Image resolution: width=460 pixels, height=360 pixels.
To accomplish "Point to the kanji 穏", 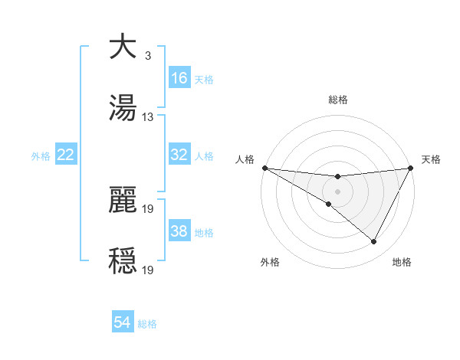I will pos(123,260).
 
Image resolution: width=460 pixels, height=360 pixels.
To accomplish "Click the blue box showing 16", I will pos(179,78).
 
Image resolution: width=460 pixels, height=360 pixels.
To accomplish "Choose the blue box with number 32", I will pos(179,155).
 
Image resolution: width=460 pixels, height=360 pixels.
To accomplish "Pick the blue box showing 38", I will pos(179,231).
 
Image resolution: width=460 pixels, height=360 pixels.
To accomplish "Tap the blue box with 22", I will pos(66,155).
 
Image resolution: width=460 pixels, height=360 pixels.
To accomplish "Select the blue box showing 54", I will pos(123,322).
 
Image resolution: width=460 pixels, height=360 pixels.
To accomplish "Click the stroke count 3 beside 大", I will pos(147,56).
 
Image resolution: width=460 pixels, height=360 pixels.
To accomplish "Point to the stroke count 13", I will pos(148,116).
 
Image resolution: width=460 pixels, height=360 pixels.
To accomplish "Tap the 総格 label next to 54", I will pos(147,324).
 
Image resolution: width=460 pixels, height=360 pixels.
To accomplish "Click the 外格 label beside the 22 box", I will pos(41,156).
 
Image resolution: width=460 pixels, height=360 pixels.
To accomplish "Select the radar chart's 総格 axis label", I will pos(337,100).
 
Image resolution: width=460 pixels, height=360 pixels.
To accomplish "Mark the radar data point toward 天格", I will pos(410,168).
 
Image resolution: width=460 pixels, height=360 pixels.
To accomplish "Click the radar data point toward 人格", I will pos(264,168).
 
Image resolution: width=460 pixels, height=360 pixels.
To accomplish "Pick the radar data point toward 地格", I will pos(374,242).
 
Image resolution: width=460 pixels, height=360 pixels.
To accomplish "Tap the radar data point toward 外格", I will pos(329,204).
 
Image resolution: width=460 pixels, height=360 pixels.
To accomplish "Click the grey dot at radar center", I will pos(337,191).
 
